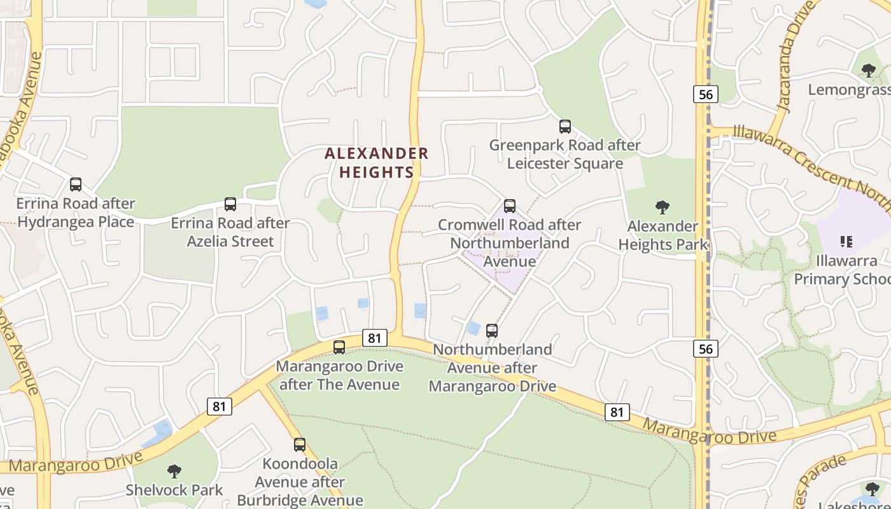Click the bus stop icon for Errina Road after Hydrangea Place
click(x=76, y=185)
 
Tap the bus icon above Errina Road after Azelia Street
click(x=230, y=204)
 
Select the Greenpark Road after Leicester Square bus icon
click(x=565, y=126)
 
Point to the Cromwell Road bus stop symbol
click(x=510, y=206)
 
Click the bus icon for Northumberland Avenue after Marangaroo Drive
click(x=492, y=330)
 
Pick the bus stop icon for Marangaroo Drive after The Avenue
click(x=339, y=347)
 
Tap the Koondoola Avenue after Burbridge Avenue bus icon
click(x=300, y=444)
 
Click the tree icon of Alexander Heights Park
click(x=663, y=207)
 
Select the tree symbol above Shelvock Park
click(x=174, y=471)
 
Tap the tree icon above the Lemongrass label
click(x=869, y=70)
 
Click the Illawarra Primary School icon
click(x=846, y=241)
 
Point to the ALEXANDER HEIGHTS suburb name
click(x=377, y=163)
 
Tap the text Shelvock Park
click(x=174, y=490)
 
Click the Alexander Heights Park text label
click(x=663, y=235)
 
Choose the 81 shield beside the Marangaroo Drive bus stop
click(x=374, y=337)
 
